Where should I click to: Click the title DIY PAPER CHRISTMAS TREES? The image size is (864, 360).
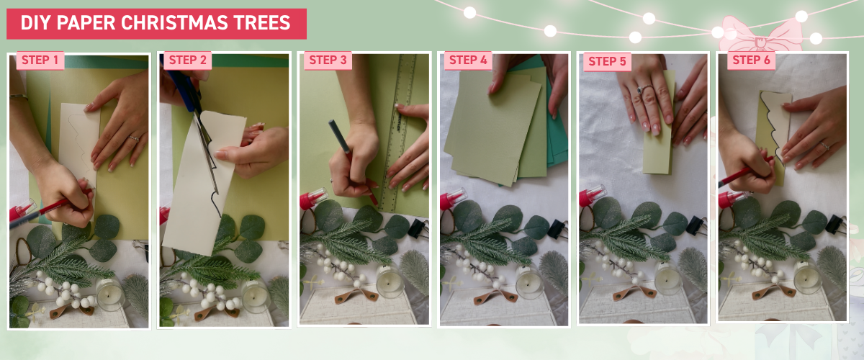(156, 23)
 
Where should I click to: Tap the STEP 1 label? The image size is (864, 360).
(40, 60)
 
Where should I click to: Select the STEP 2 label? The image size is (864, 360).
(187, 60)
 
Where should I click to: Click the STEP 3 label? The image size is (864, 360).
(328, 60)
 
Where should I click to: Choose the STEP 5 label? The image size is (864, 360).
(607, 61)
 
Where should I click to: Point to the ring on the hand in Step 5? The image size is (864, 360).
(639, 91)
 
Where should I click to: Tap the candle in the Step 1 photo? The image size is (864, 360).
(109, 294)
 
